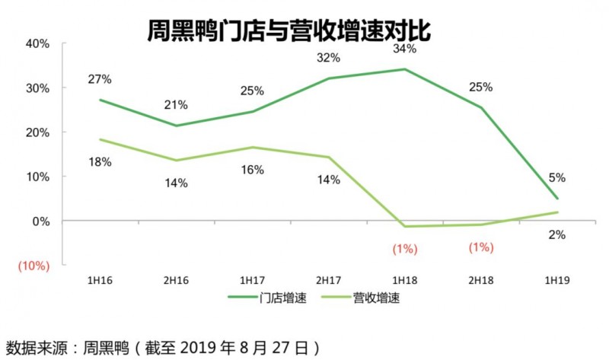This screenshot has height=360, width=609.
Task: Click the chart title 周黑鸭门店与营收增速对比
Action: [289, 31]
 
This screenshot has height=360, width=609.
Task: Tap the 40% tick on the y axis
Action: [37, 43]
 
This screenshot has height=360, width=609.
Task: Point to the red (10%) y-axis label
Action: [33, 266]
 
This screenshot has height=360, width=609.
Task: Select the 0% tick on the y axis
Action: [40, 221]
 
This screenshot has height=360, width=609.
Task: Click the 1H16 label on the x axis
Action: [99, 281]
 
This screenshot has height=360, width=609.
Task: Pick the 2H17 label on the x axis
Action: [328, 281]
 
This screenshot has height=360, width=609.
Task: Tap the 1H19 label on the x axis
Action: [556, 281]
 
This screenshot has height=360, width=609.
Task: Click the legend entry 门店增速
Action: [273, 298]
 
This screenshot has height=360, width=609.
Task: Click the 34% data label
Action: [405, 49]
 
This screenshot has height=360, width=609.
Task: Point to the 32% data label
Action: [328, 58]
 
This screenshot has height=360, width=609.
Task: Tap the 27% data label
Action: [100, 79]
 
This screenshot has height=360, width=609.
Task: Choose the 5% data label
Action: [557, 178]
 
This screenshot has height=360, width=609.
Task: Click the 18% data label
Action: [100, 161]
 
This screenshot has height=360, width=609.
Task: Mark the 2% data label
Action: [557, 235]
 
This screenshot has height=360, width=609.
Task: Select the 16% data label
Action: [252, 169]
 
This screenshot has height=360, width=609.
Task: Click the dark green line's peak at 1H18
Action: [404, 69]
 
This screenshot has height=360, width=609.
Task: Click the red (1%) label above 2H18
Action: [480, 247]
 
